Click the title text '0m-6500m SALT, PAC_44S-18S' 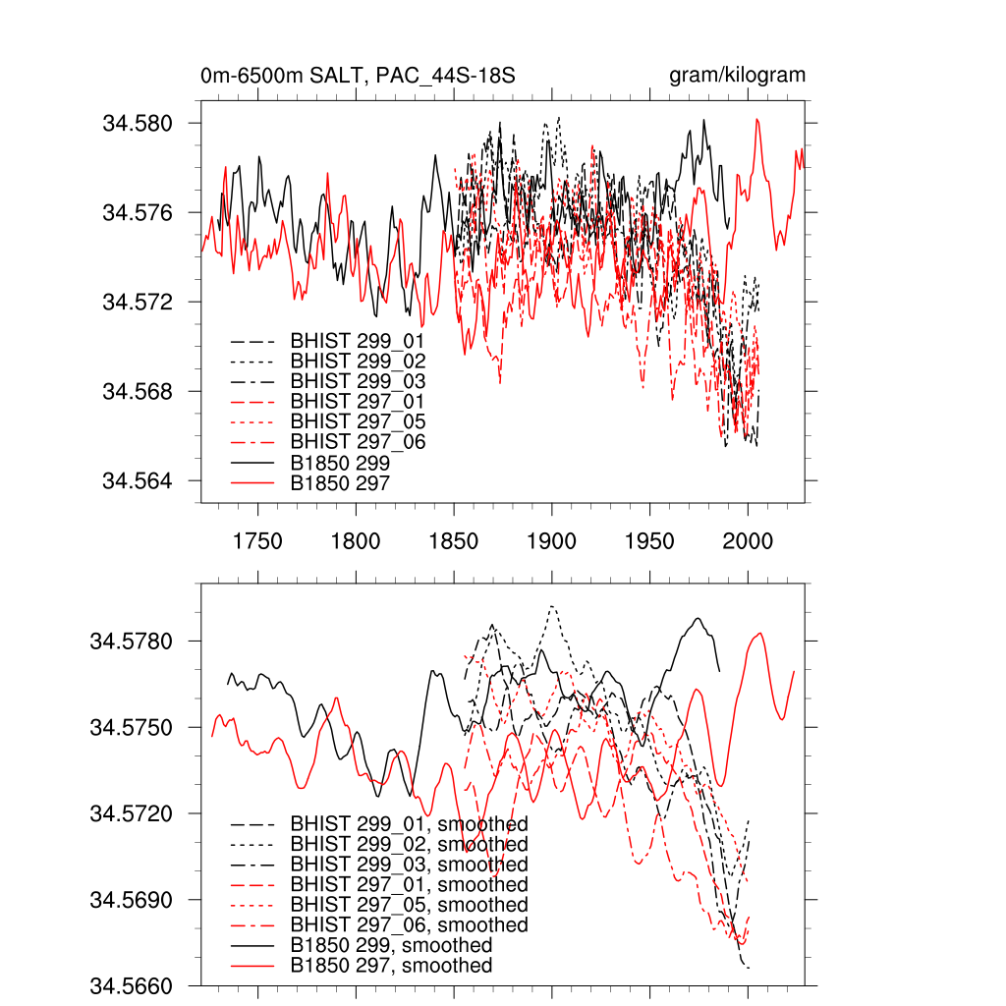point(359,76)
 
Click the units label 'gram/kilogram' point(737,76)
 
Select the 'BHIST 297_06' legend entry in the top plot point(358,442)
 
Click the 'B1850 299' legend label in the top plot point(340,463)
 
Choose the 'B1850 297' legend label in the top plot point(340,483)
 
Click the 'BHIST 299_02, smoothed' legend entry point(409,845)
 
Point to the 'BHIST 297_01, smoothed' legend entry point(409,885)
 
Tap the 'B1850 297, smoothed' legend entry point(391,966)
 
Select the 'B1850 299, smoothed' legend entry point(391,945)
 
